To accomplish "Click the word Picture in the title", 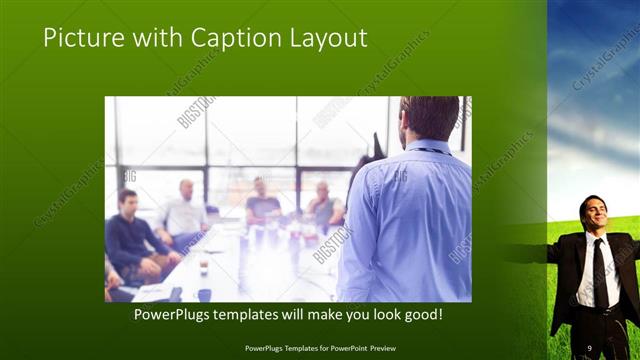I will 83,38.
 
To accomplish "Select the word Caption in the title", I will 225,38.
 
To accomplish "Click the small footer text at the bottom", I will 319,348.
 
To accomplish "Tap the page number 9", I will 590,347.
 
